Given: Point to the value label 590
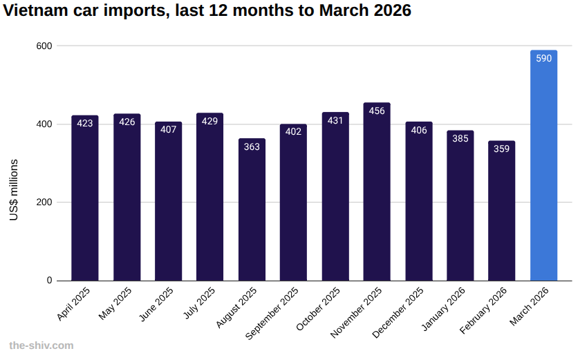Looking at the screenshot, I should [x=543, y=59].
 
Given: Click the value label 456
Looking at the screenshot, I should [x=377, y=111].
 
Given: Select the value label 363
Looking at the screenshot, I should [x=252, y=146].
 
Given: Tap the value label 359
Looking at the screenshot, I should [x=502, y=149].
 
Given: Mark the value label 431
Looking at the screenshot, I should [x=335, y=121].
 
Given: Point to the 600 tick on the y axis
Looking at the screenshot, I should [x=45, y=46].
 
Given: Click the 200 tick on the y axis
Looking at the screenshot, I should [x=45, y=202].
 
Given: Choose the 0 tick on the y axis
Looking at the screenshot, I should [x=49, y=281].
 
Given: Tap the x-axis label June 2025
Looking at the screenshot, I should [x=157, y=305].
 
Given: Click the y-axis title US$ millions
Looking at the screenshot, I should [x=14, y=190].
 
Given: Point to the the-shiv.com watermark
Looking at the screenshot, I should [x=41, y=345].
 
